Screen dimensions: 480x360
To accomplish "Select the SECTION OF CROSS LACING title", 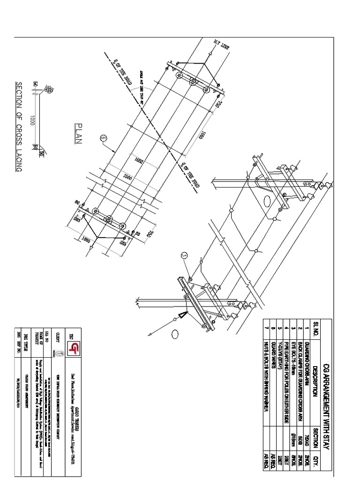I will click(19, 127).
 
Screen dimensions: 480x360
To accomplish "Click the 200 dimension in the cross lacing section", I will click(48, 89).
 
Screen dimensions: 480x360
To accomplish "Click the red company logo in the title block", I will click(74, 348).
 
